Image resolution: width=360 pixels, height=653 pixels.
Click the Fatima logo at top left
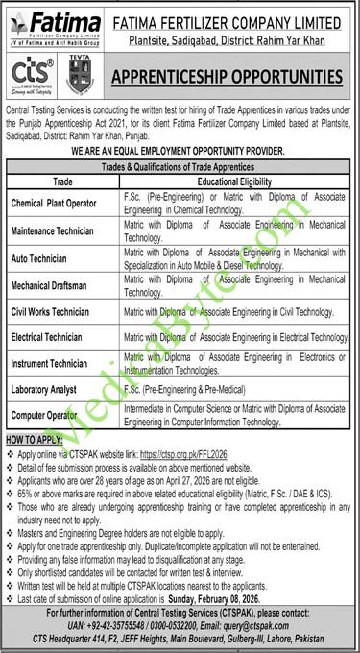coord(59,25)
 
